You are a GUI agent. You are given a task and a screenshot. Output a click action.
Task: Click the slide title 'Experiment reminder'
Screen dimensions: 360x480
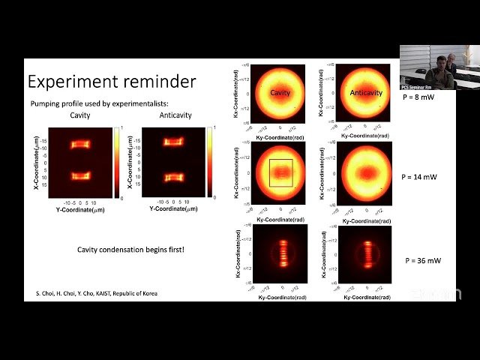[x=112, y=81]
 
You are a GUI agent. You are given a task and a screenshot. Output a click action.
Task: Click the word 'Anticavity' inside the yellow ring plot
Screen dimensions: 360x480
[x=366, y=92]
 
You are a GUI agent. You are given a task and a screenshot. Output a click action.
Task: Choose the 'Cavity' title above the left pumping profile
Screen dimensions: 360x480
[x=79, y=115]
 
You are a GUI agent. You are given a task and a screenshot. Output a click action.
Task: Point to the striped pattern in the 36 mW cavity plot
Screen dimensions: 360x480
[x=282, y=254]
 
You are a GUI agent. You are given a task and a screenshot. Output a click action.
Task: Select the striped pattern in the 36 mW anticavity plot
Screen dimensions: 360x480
[x=367, y=254]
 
